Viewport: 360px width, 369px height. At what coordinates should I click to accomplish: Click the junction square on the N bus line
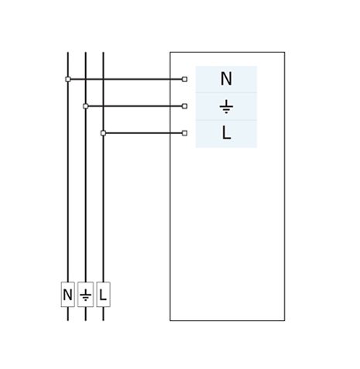click(x=68, y=79)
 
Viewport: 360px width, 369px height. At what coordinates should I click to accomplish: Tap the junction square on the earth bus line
click(x=86, y=106)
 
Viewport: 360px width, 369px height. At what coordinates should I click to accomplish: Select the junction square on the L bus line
click(x=103, y=133)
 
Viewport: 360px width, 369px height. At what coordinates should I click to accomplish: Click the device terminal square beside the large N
click(x=184, y=79)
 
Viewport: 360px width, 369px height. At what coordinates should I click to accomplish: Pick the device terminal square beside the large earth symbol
click(x=184, y=106)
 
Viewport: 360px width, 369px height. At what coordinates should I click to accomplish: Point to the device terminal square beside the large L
click(x=184, y=133)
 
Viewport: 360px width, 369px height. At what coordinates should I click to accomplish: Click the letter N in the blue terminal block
click(x=226, y=79)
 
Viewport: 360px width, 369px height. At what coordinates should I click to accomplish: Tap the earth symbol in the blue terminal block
click(x=226, y=107)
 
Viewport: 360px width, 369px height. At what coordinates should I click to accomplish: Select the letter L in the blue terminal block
click(x=226, y=133)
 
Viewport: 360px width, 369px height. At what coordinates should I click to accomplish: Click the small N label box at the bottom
click(x=68, y=295)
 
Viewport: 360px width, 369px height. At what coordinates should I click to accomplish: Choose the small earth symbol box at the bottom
click(x=86, y=295)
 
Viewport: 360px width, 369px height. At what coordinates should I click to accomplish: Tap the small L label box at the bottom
click(x=103, y=295)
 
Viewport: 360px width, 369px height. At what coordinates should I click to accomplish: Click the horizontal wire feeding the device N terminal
click(x=126, y=79)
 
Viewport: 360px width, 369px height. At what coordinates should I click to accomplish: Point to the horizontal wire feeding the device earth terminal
click(x=135, y=106)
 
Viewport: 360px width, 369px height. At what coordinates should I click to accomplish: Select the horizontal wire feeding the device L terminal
click(x=144, y=133)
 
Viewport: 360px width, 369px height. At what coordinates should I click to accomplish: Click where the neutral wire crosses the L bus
click(x=103, y=79)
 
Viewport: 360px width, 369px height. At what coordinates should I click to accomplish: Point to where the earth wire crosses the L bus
click(x=103, y=106)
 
